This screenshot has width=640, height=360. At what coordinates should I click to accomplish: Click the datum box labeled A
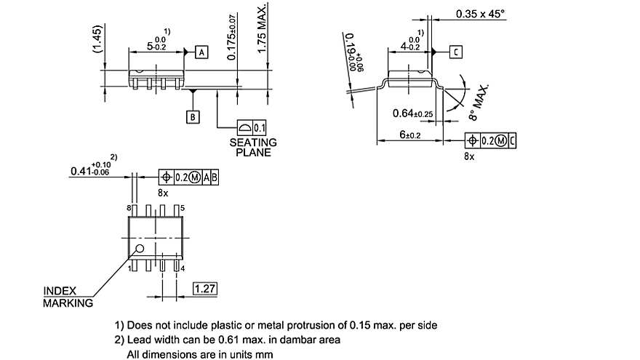click(201, 52)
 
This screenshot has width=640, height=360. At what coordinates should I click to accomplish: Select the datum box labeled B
click(193, 117)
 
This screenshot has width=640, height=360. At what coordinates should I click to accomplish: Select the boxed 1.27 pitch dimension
click(205, 289)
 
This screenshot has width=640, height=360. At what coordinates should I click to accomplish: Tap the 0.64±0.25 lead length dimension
click(413, 113)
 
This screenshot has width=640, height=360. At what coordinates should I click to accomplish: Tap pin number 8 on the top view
click(129, 209)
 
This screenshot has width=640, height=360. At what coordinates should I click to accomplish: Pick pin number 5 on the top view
click(182, 209)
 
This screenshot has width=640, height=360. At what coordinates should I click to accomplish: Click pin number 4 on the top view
click(182, 269)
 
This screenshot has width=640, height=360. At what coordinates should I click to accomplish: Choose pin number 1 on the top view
click(129, 269)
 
